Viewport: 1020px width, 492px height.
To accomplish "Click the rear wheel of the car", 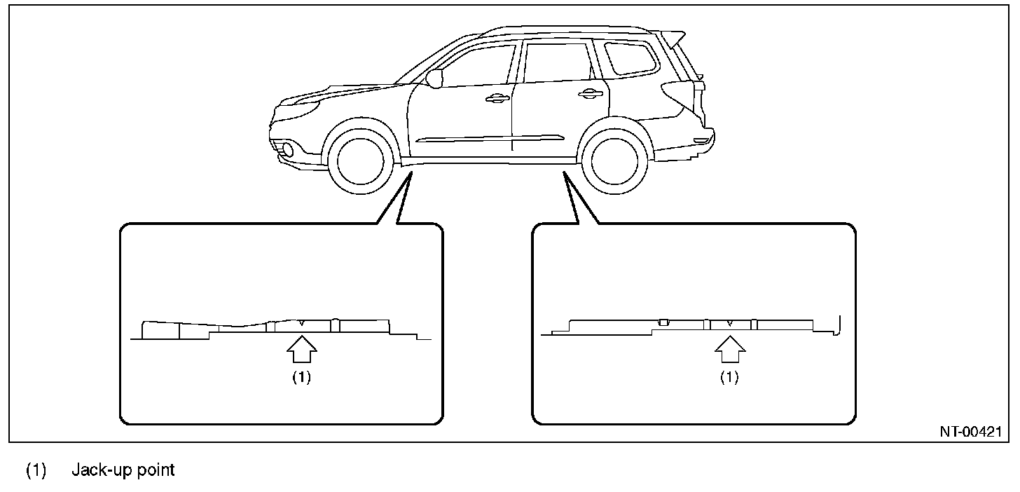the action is click(x=614, y=160).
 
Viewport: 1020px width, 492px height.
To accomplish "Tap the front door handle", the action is click(x=497, y=98).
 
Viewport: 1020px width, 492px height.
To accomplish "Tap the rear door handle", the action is click(x=591, y=93).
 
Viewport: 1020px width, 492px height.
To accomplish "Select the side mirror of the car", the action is click(x=434, y=78).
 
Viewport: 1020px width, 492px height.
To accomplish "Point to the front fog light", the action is click(x=287, y=149).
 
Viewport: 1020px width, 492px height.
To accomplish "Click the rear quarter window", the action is click(x=631, y=57).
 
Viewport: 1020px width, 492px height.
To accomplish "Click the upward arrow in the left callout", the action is click(x=301, y=349).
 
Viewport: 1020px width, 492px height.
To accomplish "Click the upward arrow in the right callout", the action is click(x=730, y=349).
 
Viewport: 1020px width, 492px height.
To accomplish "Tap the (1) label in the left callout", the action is click(x=301, y=377).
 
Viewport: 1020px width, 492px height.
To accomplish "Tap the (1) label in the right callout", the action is click(x=729, y=377).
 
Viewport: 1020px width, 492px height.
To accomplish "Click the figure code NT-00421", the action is click(x=971, y=432).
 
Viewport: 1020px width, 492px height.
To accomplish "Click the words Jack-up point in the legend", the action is click(x=123, y=470).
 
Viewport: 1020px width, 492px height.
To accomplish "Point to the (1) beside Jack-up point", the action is click(x=36, y=470).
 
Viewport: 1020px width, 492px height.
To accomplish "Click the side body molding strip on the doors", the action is click(x=490, y=138).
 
